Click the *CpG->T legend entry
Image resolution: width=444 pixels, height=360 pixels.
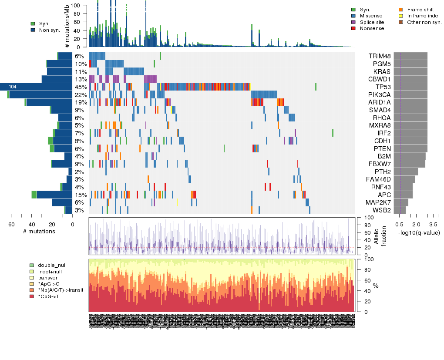(x=48, y=296)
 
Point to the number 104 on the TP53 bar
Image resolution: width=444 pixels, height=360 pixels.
(x=13, y=87)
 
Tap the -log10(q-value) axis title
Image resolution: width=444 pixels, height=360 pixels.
(x=418, y=233)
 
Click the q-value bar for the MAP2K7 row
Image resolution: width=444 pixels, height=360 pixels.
(x=401, y=202)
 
